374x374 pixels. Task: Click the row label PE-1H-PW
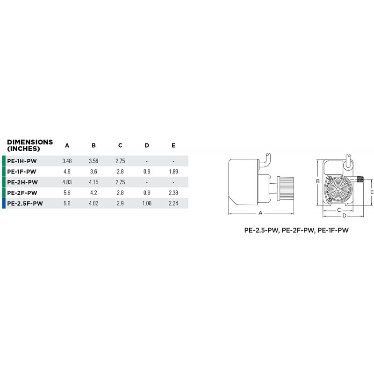[22, 161]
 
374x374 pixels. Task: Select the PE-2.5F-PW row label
[25, 203]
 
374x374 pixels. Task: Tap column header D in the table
[147, 145]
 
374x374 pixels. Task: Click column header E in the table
[173, 145]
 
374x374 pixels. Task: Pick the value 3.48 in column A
[67, 161]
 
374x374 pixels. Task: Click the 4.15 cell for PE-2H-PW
[93, 182]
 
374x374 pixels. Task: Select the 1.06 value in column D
[147, 203]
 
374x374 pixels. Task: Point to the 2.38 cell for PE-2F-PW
[173, 193]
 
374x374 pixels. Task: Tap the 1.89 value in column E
[173, 172]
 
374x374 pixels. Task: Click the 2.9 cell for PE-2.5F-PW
[120, 203]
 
